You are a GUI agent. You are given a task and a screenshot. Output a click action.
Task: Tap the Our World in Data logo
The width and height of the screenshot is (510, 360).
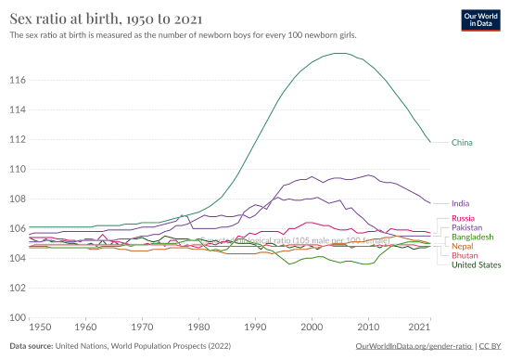(x=479, y=21)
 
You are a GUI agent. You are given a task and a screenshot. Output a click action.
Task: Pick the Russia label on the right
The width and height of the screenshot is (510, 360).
(x=465, y=218)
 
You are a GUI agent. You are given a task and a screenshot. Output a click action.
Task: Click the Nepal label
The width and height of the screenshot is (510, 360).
(x=463, y=246)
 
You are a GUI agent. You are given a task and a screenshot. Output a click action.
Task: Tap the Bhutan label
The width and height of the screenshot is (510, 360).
(x=465, y=255)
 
